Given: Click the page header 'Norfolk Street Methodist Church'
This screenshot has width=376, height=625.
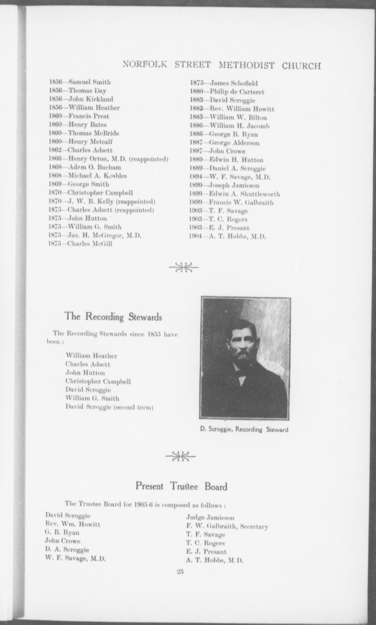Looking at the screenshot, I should coord(221,65).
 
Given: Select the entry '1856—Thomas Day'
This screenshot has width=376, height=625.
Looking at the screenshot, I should coord(78,91).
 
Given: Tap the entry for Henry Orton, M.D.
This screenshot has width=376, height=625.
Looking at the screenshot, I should coord(108,159).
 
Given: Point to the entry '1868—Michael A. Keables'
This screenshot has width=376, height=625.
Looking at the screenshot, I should coord(87,176).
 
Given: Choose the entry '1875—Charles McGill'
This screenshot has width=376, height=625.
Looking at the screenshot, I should coord(80,244).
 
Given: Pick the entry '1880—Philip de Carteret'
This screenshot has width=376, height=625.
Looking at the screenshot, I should coord(227,92).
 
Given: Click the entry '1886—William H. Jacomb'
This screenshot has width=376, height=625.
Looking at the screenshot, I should coord(229,126).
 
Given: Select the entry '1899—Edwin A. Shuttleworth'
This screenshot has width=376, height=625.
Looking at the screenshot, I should coord(235,194).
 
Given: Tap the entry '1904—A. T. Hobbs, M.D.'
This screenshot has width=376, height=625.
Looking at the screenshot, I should coord(228,237).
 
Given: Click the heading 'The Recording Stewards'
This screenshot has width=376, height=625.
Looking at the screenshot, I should coord(113,317).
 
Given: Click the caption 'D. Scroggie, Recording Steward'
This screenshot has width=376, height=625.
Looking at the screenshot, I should coord(244,430).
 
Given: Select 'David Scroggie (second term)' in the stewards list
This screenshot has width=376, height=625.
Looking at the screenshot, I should coord(109,407).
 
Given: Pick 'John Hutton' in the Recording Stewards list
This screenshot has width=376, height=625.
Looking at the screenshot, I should coord(85,373).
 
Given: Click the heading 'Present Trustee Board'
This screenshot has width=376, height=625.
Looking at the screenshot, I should coord(181,487).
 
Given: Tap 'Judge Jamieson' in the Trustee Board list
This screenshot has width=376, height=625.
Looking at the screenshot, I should coord(210,518).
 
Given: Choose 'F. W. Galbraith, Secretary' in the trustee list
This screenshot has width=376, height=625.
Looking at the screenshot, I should coord(227,526).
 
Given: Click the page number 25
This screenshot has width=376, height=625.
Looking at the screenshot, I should coord(180,572).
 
